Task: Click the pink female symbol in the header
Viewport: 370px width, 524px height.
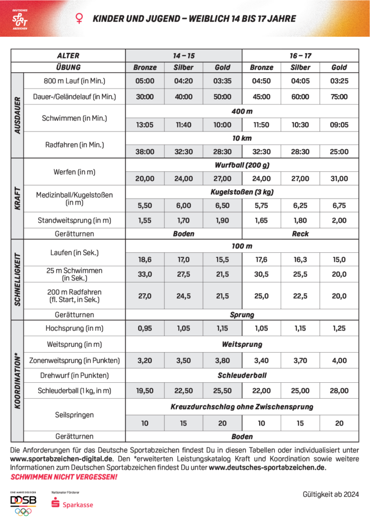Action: [79, 18]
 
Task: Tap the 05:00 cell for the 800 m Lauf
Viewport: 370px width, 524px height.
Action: [145, 81]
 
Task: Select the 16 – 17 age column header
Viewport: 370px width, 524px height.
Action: [300, 55]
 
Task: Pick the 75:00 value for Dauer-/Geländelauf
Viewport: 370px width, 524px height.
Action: [339, 97]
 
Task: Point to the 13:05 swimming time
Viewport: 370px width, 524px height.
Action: [145, 124]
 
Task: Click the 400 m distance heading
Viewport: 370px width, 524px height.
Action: [242, 111]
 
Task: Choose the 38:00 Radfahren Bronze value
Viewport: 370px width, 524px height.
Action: [145, 151]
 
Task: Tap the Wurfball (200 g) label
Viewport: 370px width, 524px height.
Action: [242, 165]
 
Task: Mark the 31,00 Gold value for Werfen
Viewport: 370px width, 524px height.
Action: [339, 179]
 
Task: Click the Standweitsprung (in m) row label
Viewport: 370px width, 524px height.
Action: [74, 221]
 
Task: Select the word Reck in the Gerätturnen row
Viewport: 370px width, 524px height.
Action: [300, 233]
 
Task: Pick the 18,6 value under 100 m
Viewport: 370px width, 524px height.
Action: [145, 259]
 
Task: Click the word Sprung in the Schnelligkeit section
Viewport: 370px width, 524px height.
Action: [242, 315]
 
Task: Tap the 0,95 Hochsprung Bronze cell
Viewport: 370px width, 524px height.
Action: [145, 328]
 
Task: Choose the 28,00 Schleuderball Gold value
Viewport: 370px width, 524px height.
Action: [339, 391]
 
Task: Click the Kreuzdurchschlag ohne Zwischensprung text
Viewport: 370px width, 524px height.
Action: [242, 407]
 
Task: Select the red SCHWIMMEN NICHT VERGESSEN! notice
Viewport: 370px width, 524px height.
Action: [64, 477]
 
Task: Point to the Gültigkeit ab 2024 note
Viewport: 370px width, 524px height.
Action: [330, 494]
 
